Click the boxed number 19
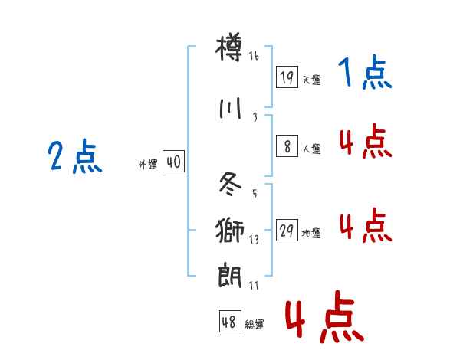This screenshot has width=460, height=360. coord(287,77)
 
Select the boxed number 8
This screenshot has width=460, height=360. coord(287,146)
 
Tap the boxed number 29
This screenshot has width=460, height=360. coord(287,231)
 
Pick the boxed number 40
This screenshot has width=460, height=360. coord(173,162)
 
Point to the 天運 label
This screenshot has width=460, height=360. coord(312,80)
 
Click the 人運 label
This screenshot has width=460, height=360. coord(312,149)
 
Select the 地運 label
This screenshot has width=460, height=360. coord(312,234)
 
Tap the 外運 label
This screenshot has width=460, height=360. coord(148,164)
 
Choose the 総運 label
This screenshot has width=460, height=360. coord(255,325)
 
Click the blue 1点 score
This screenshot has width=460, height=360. coord(364,74)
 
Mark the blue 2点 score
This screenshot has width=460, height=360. coord(74,159)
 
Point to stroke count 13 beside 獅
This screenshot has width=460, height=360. coord(254,239)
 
